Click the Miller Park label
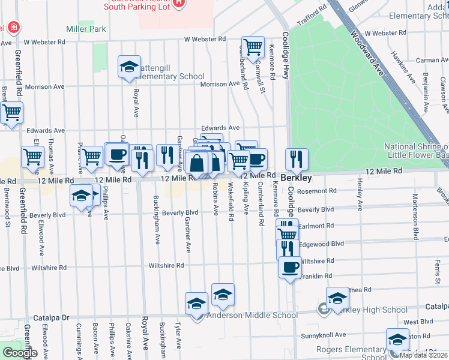pyautogui.click(x=86, y=29)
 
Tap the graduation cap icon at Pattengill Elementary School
pyautogui.click(x=129, y=67)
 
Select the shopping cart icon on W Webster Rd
pyautogui.click(x=253, y=46)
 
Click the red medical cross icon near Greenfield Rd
pyautogui.click(x=11, y=28)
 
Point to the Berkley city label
pyautogui.click(x=295, y=179)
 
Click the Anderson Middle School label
pyautogui.click(x=252, y=315)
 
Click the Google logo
pyautogui.click(x=20, y=352)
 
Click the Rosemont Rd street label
pyautogui.click(x=317, y=191)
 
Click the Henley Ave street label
pyautogui.click(x=360, y=194)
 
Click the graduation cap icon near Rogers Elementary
pyautogui.click(x=397, y=339)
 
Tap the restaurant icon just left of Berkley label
pyautogui.click(x=296, y=159)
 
